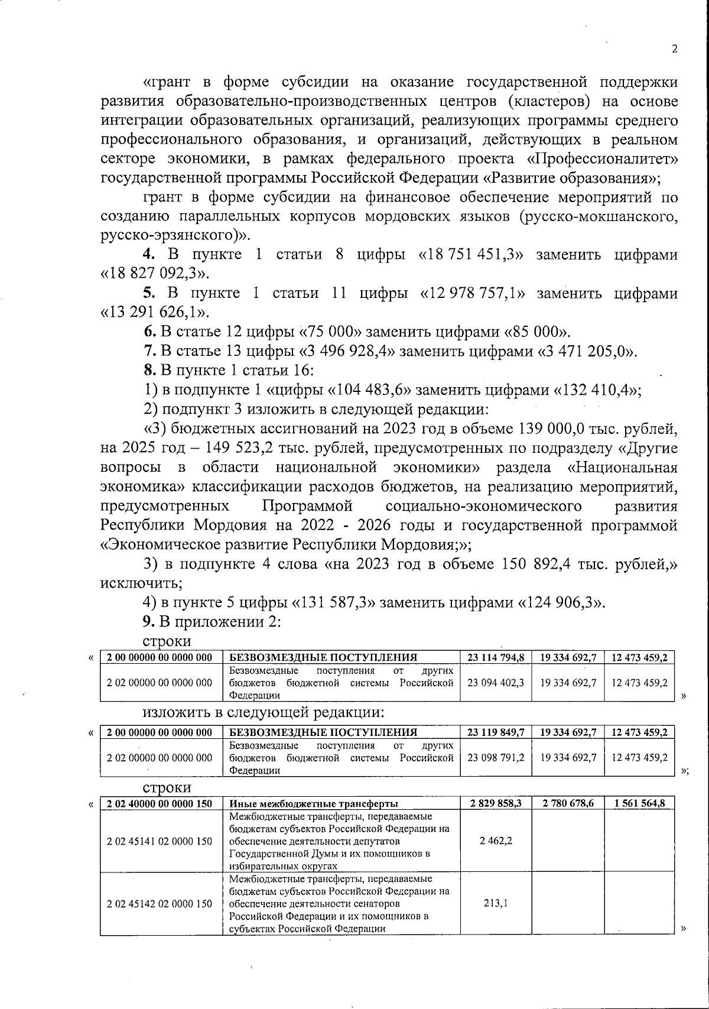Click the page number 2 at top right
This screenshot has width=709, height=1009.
tap(674, 50)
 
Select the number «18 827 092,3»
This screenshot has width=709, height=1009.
tap(154, 274)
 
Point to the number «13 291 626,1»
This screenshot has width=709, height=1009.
tap(155, 312)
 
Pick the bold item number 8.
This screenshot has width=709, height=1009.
tap(150, 371)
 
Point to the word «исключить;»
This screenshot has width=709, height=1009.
tap(141, 583)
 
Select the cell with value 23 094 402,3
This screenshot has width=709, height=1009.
tap(496, 682)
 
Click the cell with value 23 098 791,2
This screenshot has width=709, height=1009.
tap(496, 757)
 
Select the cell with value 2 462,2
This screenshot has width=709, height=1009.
tap(496, 841)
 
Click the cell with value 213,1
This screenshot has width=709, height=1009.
tap(496, 903)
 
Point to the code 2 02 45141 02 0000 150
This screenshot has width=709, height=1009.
tap(160, 841)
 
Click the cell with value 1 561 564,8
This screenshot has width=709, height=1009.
tap(639, 803)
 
